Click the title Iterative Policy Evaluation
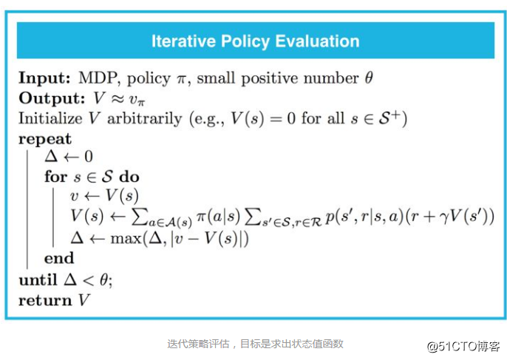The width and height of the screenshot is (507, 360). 255,41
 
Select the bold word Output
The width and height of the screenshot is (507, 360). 48,98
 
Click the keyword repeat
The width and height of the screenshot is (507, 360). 45,138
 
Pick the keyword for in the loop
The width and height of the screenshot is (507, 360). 55,177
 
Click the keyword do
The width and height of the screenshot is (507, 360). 129,177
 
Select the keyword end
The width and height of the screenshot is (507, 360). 59,258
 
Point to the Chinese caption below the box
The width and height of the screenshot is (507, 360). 255,343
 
